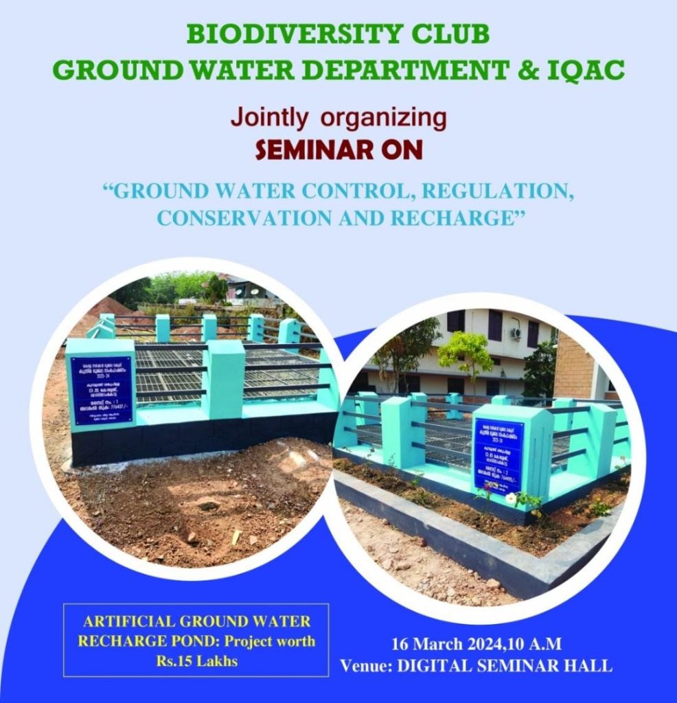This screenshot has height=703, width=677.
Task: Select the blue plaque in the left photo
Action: click(101, 389)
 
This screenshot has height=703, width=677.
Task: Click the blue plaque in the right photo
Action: click(498, 454)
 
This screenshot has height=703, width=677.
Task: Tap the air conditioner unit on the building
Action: click(516, 333)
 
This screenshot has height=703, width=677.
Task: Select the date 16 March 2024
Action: click(442, 644)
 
